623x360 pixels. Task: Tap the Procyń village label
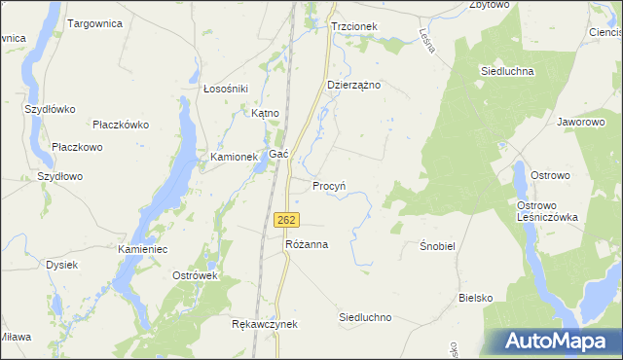(329, 185)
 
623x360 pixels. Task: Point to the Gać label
(278, 155)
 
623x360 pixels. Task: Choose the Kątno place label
(265, 113)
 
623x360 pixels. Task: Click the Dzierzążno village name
(353, 85)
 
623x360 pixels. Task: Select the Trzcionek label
(353, 27)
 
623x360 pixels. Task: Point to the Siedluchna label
(506, 71)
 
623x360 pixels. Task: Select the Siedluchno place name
(365, 317)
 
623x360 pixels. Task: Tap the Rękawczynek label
(264, 324)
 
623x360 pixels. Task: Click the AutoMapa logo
(555, 341)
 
